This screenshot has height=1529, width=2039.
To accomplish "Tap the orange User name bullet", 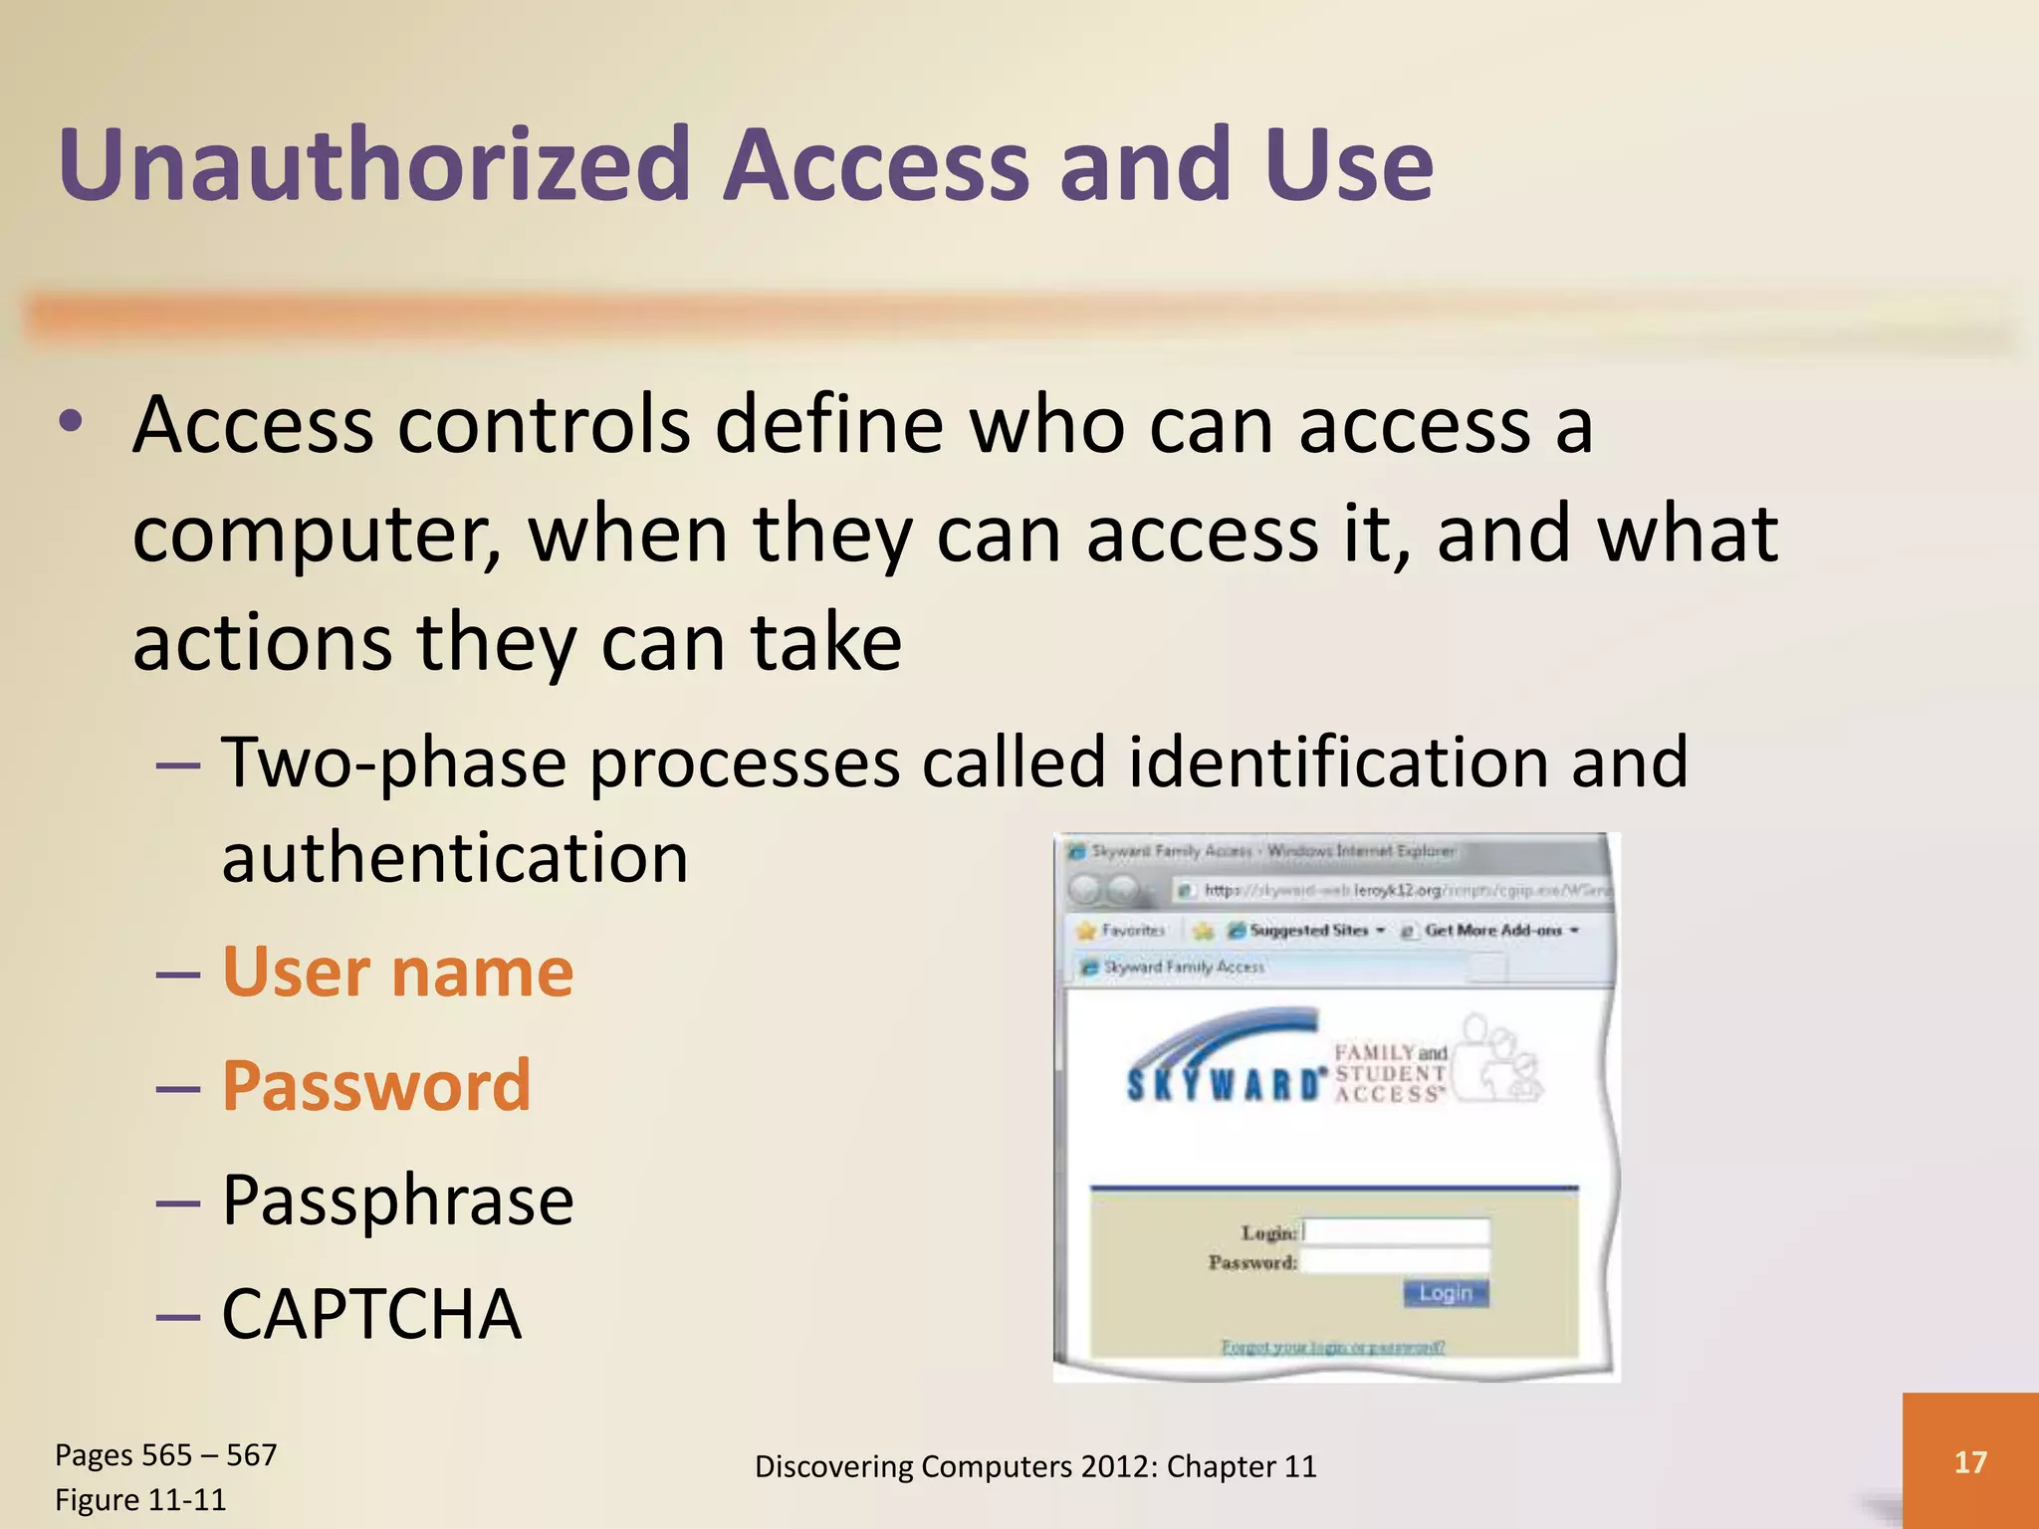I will point(397,972).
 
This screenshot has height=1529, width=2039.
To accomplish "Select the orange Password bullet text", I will point(376,1085).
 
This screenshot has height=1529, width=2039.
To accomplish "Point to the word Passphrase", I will point(397,1200).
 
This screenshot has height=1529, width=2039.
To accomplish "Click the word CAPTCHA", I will point(371,1314).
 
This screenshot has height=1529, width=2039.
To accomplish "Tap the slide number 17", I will point(1969,1461).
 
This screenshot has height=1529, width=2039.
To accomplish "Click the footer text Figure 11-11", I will point(140,1499).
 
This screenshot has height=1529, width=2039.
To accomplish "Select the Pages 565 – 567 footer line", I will point(165,1455).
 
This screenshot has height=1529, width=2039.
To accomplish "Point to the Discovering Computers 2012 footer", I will point(1035,1466).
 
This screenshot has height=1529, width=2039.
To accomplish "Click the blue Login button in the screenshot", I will point(1446,1293).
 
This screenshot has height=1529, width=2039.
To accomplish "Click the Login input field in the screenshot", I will point(1396,1231).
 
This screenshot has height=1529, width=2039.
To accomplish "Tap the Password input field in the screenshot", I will point(1396,1261).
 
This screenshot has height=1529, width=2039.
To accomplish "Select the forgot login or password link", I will point(1333,1347).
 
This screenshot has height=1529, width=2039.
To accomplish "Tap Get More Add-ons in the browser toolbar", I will point(1492,930).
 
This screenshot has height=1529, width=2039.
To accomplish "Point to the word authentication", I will point(455,858).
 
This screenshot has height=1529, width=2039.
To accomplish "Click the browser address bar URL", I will point(1404,890).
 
